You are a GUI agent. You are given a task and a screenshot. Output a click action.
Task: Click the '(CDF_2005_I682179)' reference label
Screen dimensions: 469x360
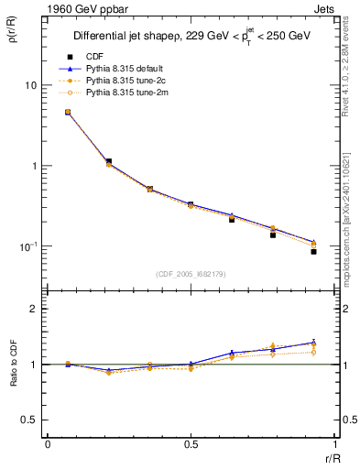click(x=191, y=274)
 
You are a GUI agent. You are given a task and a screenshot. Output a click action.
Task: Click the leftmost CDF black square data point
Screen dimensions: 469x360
click(x=68, y=112)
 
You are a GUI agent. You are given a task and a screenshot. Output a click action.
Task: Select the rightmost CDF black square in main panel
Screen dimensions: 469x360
click(x=313, y=251)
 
